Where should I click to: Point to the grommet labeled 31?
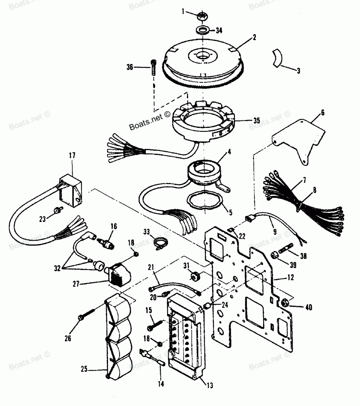click(195, 277)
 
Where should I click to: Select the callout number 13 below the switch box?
click(210, 385)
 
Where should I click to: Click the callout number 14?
click(161, 384)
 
